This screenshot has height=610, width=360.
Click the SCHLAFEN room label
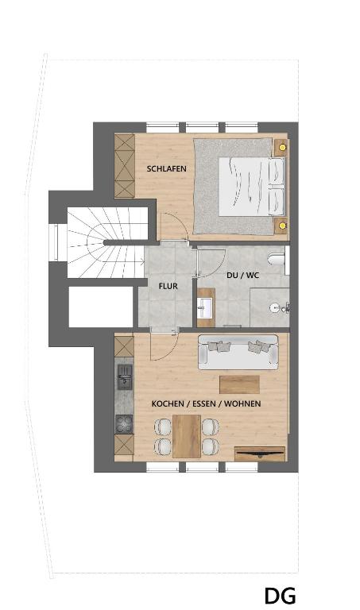[166, 169]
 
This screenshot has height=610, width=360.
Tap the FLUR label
[168, 286]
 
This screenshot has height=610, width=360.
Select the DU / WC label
[243, 276]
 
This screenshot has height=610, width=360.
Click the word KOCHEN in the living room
[168, 403]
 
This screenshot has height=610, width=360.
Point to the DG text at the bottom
[281, 596]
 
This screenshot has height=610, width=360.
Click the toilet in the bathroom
[278, 260]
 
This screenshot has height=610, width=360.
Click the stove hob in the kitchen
[124, 424]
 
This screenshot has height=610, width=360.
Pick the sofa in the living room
[238, 352]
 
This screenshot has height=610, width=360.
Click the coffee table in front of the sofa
[239, 384]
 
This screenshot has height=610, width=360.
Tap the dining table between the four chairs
[187, 436]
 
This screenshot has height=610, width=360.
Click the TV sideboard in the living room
[260, 454]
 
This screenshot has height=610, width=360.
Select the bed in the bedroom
[251, 187]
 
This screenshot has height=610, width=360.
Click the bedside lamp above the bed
[282, 147]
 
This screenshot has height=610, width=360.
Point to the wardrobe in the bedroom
[124, 166]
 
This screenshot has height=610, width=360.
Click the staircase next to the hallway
[107, 242]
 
